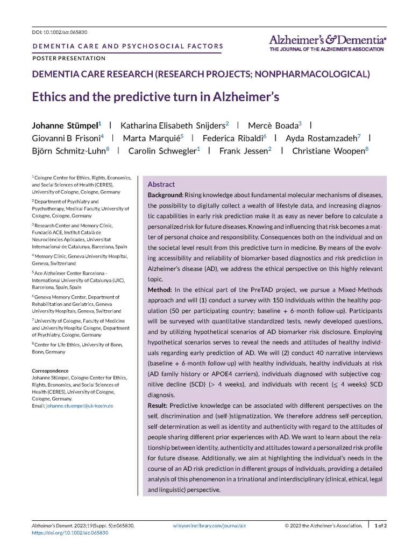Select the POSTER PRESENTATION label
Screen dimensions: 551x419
pyautogui.click(x=69, y=58)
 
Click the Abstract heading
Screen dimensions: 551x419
pyautogui.click(x=161, y=184)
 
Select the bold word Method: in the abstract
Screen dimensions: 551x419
pyautogui.click(x=159, y=290)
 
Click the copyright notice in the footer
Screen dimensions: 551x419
pyautogui.click(x=323, y=525)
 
